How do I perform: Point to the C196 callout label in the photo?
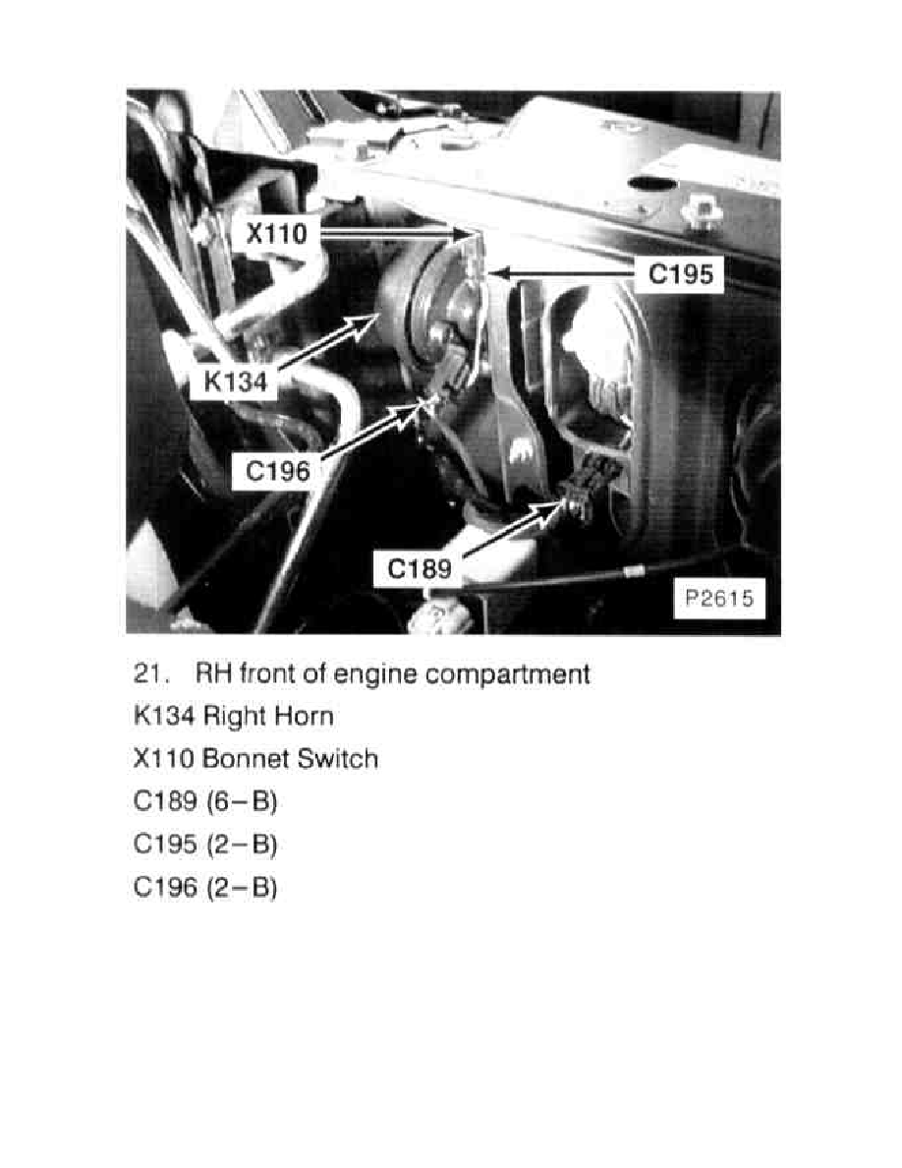(x=278, y=471)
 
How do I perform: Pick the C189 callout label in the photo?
(x=421, y=568)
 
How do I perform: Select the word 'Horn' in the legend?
(x=304, y=717)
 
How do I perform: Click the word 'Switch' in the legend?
(x=339, y=759)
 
